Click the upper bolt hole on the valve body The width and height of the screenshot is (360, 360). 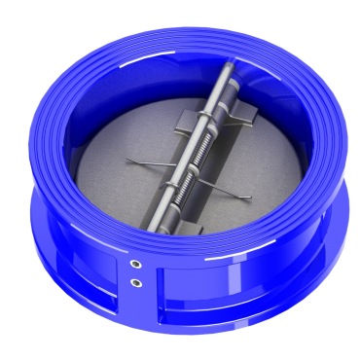pyautogui.click(x=135, y=264)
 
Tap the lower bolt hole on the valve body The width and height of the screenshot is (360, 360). pyautogui.click(x=135, y=282)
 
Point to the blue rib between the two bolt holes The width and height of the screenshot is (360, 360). pyautogui.click(x=135, y=273)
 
